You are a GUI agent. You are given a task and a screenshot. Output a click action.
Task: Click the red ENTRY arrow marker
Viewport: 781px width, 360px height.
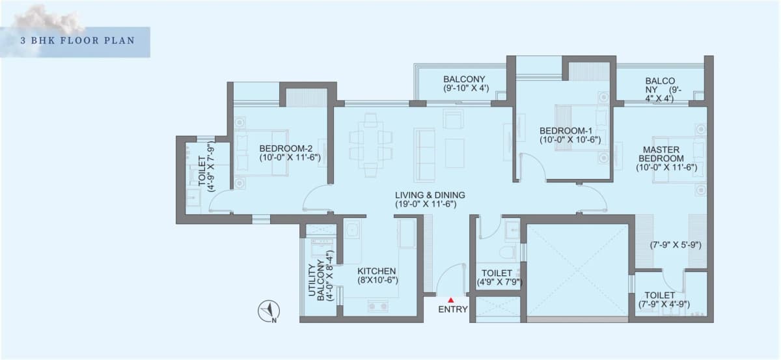[451, 299]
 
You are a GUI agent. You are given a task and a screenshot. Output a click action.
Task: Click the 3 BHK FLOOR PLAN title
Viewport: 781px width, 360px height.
[77, 40]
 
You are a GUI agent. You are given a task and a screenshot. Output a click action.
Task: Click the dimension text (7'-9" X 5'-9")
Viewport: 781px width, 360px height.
[674, 245]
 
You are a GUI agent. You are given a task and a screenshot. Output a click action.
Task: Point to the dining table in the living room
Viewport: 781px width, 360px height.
[370, 145]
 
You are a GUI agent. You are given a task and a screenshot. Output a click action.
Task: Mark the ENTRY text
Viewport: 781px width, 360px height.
[452, 309]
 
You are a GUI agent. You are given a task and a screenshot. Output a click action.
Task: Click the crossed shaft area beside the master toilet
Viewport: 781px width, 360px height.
[577, 270]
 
